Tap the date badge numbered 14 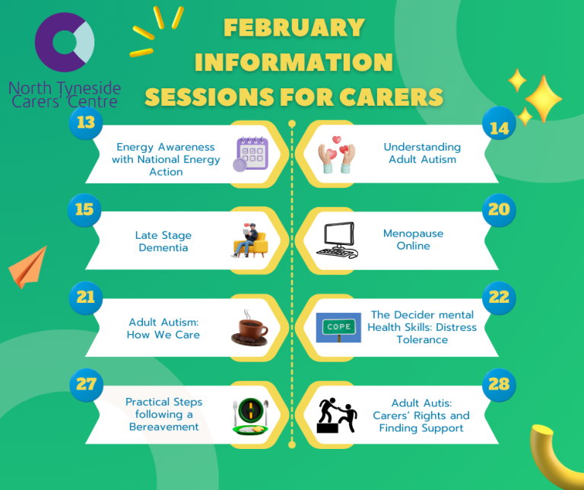(499, 128)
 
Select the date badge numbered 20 (499, 209)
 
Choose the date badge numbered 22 (499, 297)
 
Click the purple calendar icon (251, 154)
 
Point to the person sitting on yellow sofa (251, 240)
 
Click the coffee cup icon (251, 329)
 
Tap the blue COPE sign (338, 328)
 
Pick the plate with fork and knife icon (251, 415)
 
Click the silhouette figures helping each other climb (337, 415)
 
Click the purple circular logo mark (64, 43)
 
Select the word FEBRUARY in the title (294, 28)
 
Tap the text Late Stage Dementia (163, 241)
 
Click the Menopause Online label (413, 240)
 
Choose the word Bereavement (163, 427)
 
